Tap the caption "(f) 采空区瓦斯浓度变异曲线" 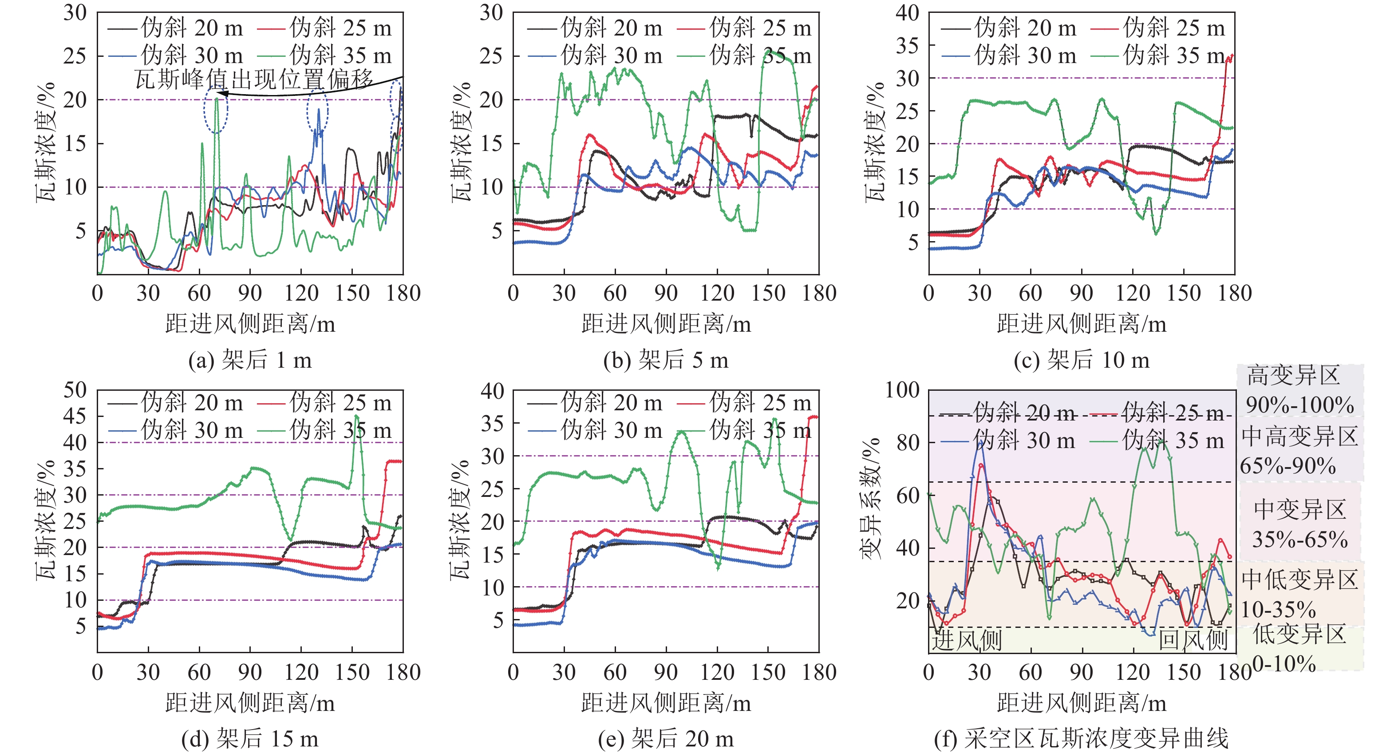click(1081, 739)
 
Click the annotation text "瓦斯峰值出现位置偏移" click(254, 80)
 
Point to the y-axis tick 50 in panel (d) click(75, 390)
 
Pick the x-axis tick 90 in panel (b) click(666, 294)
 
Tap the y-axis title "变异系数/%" click(870, 498)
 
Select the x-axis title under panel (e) click(666, 703)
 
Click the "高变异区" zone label click(1293, 376)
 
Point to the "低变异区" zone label click(1299, 634)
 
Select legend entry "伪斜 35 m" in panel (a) click(340, 56)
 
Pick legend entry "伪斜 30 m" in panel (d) click(192, 430)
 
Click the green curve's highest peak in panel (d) click(356, 417)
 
